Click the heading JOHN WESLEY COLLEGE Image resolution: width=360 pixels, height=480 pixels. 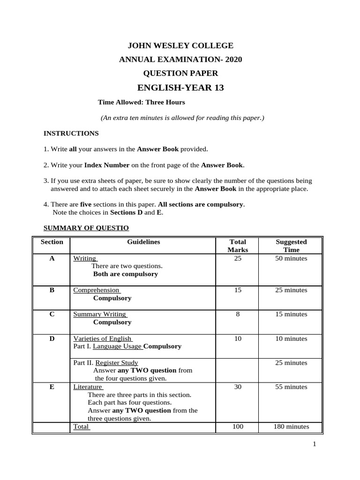coord(180,45)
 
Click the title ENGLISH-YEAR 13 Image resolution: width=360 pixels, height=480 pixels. coord(180,88)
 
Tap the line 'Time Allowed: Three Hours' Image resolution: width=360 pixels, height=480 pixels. coord(141,102)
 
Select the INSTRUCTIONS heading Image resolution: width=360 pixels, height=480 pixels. coord(71,133)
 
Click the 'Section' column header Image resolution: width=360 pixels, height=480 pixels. coord(52,242)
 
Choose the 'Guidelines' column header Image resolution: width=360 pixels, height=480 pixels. coord(143,242)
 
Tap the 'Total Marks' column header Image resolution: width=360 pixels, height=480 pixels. coord(238,246)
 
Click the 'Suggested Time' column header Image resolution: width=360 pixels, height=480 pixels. coord(291,246)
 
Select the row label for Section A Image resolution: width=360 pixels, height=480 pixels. coord(52,258)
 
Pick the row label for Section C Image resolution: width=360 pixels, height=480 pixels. coord(52,314)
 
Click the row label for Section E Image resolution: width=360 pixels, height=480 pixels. coord(52,387)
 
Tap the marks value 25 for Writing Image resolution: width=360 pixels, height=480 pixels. coord(238,258)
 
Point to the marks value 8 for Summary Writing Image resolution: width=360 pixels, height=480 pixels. coord(238,314)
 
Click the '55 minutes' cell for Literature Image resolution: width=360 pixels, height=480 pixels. coord(291,387)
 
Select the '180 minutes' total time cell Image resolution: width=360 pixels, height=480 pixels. coord(291,427)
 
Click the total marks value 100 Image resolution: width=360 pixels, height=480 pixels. coord(238,427)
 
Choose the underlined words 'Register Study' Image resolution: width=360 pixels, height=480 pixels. coord(117,362)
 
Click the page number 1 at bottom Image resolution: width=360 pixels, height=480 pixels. coord(315,445)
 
